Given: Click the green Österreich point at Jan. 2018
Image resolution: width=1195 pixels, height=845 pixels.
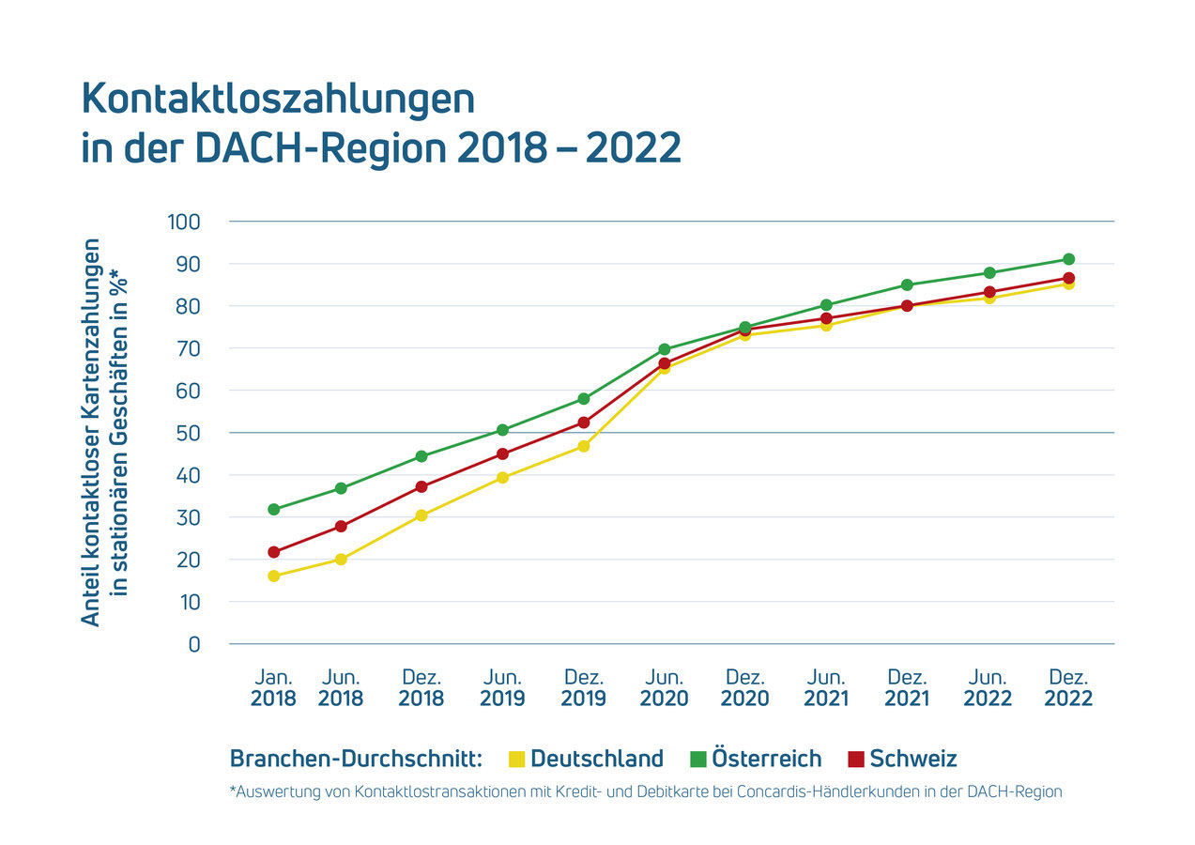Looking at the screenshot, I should click(273, 509).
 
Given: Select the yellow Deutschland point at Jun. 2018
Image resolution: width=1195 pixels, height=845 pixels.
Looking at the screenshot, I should click(341, 560).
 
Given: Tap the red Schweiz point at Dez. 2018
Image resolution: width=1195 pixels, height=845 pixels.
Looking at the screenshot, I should click(421, 486).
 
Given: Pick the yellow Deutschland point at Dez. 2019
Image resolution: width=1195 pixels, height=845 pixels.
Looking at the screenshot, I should click(583, 446).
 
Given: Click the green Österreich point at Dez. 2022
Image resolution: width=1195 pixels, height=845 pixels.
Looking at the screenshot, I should click(1068, 259).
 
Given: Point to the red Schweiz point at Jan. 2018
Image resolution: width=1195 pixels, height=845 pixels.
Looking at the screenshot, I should click(273, 552).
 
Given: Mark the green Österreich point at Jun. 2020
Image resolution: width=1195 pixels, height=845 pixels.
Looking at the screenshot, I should click(665, 349).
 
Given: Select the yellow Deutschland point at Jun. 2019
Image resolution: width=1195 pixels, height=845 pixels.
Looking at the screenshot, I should click(502, 477).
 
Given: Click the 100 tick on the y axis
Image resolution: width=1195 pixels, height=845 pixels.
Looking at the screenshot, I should click(184, 223).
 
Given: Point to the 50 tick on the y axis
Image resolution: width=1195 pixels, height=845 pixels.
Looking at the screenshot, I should click(189, 433).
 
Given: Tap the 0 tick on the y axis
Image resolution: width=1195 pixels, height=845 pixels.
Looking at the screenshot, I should click(193, 644).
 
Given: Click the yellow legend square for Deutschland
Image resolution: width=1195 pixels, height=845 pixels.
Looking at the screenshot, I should click(516, 759).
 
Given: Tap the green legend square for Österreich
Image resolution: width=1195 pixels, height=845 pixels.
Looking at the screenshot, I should click(697, 759).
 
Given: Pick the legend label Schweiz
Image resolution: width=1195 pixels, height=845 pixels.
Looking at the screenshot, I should click(912, 759).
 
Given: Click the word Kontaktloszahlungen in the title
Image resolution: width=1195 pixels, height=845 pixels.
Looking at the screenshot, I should click(278, 100).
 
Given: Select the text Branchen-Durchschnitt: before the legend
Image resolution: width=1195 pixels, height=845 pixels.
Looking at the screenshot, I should click(356, 759).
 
